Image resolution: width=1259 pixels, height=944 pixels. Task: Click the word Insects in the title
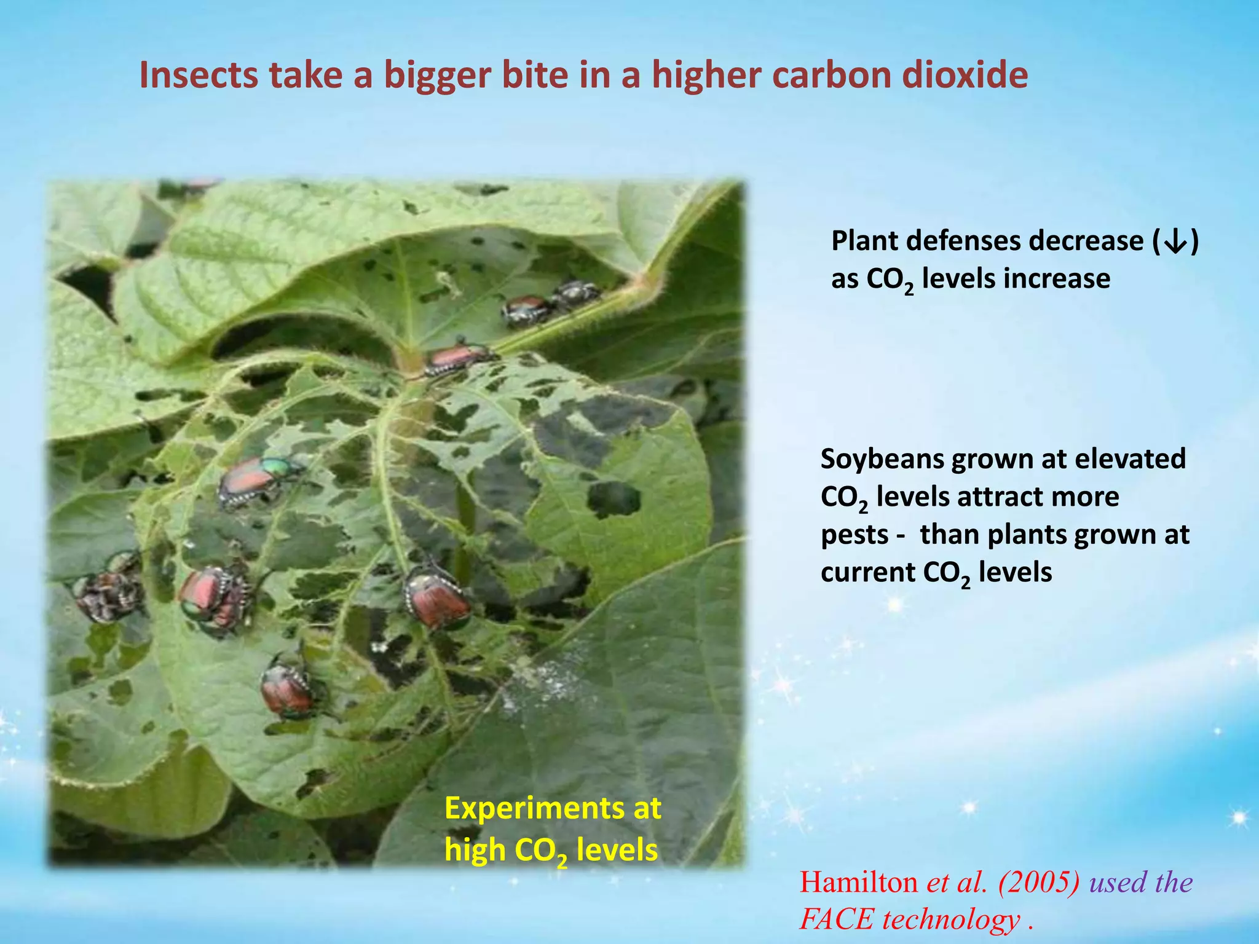pyautogui.click(x=199, y=76)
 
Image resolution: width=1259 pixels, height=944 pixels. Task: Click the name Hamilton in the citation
pyautogui.click(x=858, y=883)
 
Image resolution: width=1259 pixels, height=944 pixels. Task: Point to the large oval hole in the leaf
pyautogui.click(x=613, y=499)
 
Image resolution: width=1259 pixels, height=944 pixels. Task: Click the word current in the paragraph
pyautogui.click(x=867, y=573)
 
